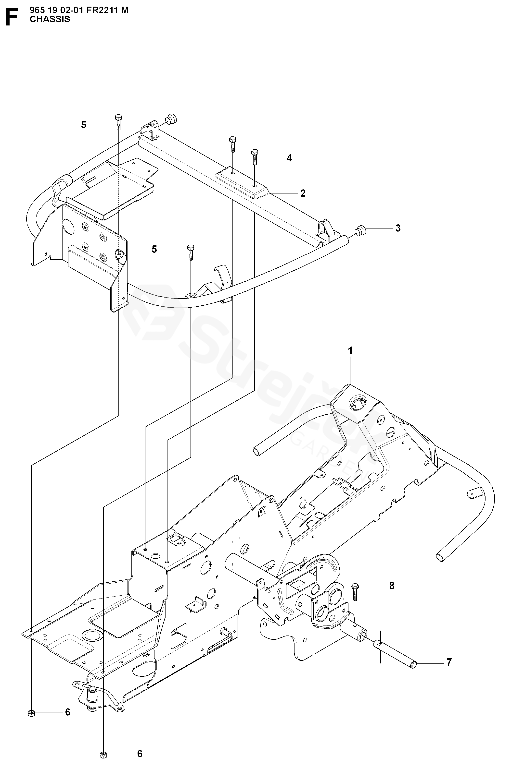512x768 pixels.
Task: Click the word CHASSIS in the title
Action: (x=50, y=19)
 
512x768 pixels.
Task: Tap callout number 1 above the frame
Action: (x=350, y=351)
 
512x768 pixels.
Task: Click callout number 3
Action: (x=398, y=228)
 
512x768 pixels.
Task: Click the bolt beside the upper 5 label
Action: (x=118, y=123)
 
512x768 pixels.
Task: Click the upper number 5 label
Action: (x=84, y=125)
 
